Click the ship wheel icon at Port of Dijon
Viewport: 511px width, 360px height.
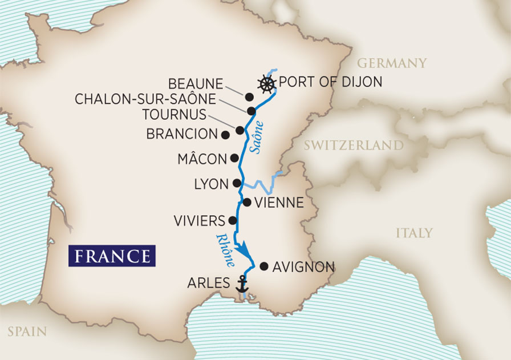coord(266,84)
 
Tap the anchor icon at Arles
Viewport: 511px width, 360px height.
coord(242,284)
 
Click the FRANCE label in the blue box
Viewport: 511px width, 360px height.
coord(112,256)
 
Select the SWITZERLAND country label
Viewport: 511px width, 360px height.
coord(353,146)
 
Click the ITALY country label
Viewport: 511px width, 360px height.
coord(413,233)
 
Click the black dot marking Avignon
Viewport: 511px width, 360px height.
coord(263,266)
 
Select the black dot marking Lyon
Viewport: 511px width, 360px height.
coord(236,183)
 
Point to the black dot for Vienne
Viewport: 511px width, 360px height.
coord(247,202)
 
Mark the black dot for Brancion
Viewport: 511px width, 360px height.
coord(225,135)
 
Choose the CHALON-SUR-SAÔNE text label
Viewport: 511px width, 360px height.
coord(145,99)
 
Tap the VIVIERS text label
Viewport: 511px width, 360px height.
coord(200,220)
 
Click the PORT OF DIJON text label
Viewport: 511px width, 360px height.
coord(330,83)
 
